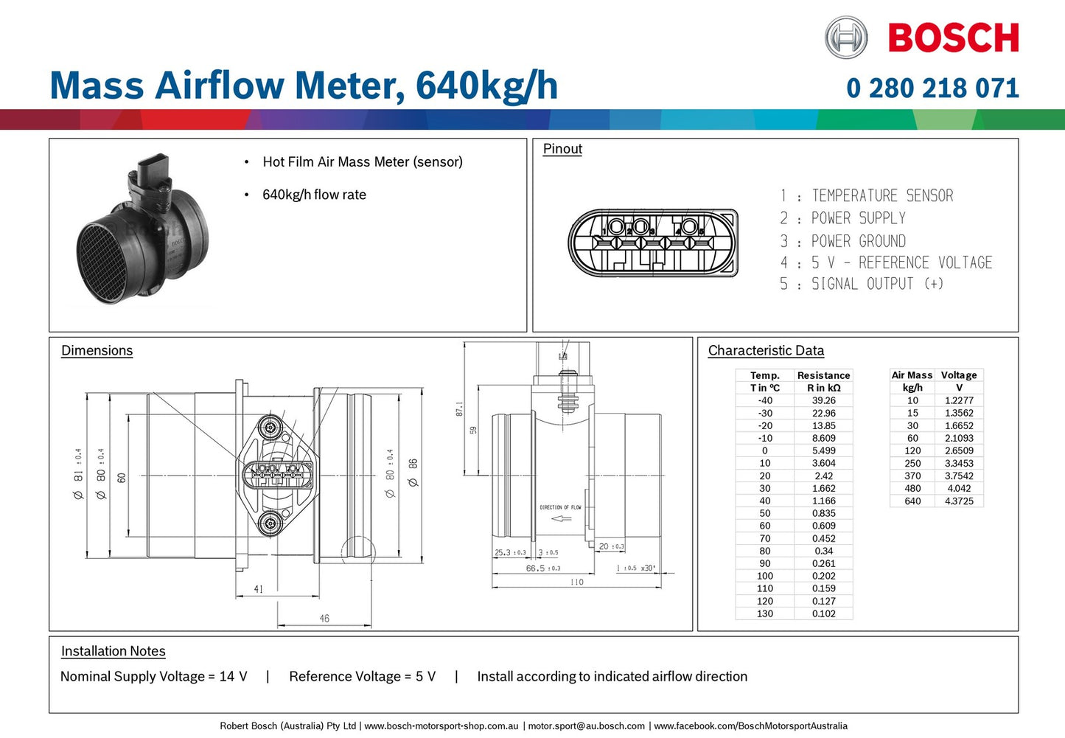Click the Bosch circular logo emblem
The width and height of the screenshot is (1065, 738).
click(x=846, y=38)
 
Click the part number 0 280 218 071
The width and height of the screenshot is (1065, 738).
click(x=932, y=88)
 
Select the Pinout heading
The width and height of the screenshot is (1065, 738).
click(x=562, y=149)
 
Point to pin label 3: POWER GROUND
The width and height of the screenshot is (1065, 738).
click(x=843, y=241)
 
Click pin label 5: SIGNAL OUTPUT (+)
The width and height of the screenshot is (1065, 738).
click(x=862, y=284)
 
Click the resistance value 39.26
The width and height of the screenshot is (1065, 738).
click(x=823, y=400)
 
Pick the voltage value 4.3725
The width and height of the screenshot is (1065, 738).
click(x=959, y=501)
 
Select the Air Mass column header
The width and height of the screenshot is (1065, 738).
click(x=912, y=375)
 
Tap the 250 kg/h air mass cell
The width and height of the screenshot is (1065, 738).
click(x=912, y=463)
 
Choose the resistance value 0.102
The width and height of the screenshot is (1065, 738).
click(x=823, y=613)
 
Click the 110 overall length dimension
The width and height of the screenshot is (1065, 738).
click(x=576, y=582)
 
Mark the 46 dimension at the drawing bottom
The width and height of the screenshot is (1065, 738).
click(x=324, y=619)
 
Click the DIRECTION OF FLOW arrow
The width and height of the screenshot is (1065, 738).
click(x=562, y=518)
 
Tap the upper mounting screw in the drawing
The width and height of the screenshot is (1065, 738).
click(x=270, y=427)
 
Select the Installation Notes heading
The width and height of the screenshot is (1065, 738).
click(x=113, y=651)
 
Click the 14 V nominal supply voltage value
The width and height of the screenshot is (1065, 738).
click(x=233, y=677)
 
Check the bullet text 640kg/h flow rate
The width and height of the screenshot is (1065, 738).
click(x=314, y=195)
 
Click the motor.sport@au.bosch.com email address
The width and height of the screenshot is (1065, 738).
click(x=586, y=726)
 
